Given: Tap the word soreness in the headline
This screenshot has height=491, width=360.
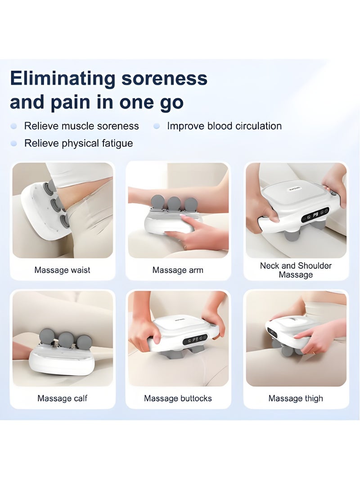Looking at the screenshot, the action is point(164,78).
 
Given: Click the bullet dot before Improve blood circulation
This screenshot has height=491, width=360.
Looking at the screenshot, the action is point(157,126).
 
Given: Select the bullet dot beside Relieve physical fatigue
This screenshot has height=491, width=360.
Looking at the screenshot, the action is point(13,144).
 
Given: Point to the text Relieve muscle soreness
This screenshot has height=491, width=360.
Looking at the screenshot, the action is point(81,126).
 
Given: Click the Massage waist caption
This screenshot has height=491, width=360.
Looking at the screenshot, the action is point(62,270).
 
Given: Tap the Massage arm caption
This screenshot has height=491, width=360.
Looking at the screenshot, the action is point(178,270).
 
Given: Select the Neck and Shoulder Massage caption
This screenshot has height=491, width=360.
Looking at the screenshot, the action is point(296,270).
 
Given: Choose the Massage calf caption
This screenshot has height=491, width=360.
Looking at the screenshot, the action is point(62,398).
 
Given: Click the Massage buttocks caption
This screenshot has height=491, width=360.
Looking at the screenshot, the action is point(178,398).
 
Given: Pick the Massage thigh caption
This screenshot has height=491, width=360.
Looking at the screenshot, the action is point(296,398).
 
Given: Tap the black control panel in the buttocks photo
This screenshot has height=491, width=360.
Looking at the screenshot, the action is point(195,339).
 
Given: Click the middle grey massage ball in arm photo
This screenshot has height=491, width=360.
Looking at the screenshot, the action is point(174,204).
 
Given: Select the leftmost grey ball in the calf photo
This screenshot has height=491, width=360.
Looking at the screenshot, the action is point(47,337).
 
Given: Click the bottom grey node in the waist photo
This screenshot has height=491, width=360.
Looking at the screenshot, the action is point(65,221).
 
